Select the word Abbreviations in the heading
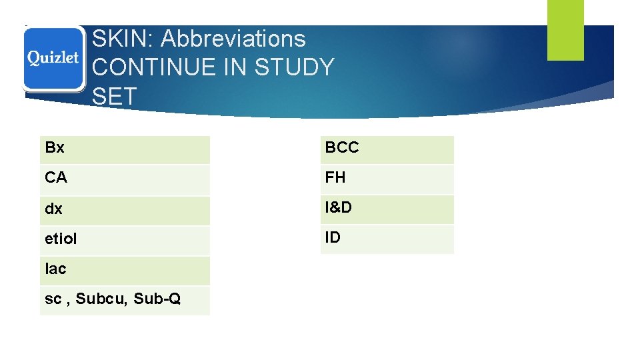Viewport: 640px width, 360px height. click(233, 39)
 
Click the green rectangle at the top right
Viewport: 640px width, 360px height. click(565, 29)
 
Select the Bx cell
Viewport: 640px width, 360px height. click(125, 149)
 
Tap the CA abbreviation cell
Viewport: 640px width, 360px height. click(125, 179)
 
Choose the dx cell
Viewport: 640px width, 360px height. click(125, 209)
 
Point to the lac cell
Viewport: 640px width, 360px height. click(125, 270)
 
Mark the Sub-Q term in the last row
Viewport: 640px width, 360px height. click(157, 299)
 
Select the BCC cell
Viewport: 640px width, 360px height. click(387, 149)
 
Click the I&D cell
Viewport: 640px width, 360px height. click(387, 209)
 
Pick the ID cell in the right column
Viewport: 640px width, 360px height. click(387, 238)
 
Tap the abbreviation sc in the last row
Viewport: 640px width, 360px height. click(52, 300)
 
